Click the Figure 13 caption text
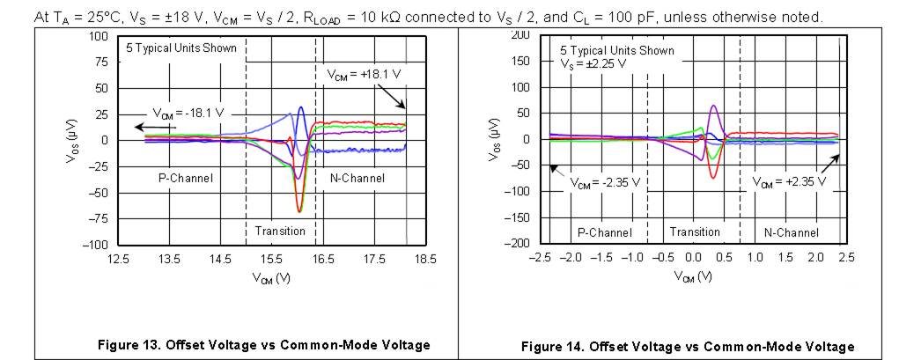pyautogui.click(x=265, y=343)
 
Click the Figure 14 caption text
pyautogui.click(x=687, y=345)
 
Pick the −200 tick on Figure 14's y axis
pyautogui.click(x=519, y=243)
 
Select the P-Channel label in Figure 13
pyautogui.click(x=186, y=178)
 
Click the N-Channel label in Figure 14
pyautogui.click(x=791, y=232)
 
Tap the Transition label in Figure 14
pyautogui.click(x=695, y=232)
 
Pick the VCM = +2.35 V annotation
pyautogui.click(x=789, y=182)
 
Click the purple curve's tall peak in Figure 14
pyautogui.click(x=712, y=107)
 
